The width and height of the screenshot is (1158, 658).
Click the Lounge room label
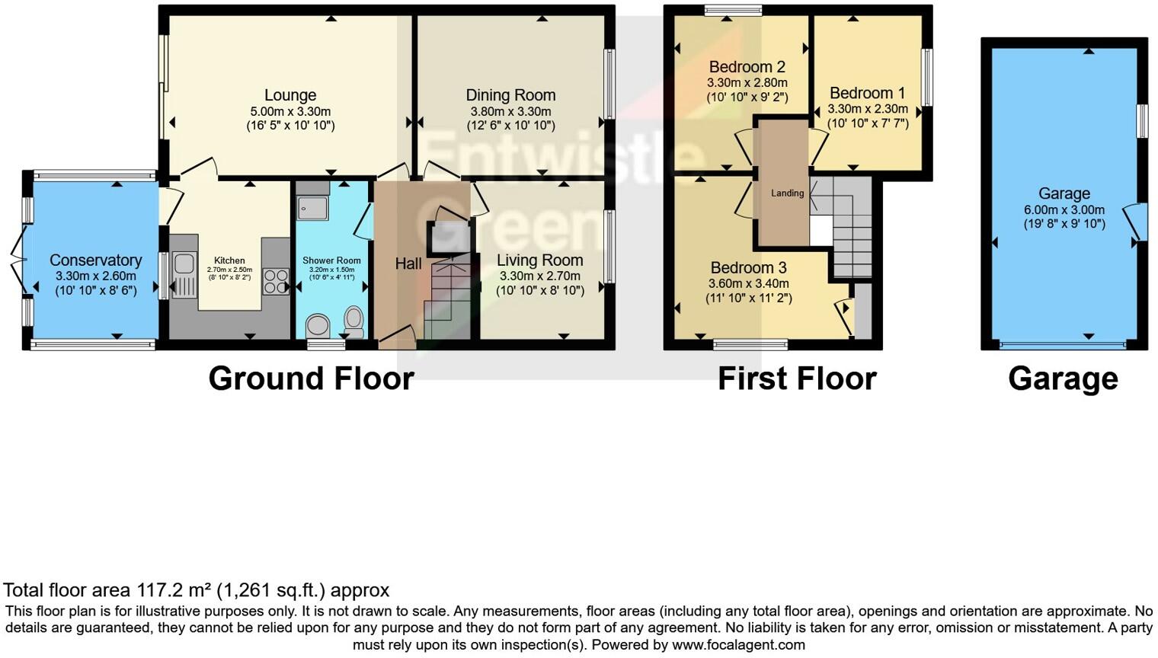[290, 95]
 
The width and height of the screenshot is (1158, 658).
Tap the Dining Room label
[510, 95]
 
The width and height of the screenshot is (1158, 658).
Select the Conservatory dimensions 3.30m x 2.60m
[96, 276]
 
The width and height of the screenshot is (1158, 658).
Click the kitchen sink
[183, 264]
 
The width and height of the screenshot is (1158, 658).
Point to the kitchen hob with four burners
[275, 281]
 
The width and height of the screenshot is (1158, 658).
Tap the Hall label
[408, 264]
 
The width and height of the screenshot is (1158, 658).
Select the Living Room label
[539, 260]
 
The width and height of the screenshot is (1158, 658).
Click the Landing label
[787, 193]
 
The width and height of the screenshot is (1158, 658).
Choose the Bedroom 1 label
[868, 93]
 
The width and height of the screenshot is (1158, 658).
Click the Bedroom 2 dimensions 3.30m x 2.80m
[747, 83]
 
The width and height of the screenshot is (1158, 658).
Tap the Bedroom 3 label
[748, 268]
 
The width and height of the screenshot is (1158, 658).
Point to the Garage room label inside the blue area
[1064, 193]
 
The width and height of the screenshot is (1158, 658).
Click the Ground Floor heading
[311, 379]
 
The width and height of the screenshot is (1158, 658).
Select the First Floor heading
[797, 379]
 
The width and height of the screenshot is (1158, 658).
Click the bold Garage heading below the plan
[1063, 379]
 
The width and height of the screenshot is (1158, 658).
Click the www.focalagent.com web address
[738, 645]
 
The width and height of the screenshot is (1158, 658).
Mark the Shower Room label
[331, 260]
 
